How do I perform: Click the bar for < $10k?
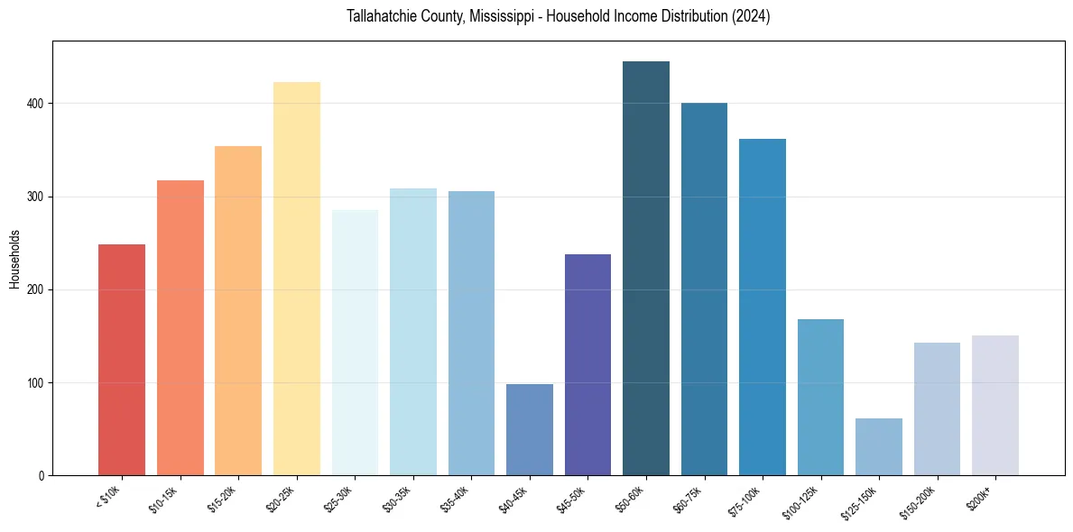coord(122,360)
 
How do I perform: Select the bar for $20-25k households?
coord(296,279)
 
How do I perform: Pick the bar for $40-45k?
coord(529,430)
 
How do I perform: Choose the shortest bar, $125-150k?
coord(878,447)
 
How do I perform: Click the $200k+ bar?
coord(994,406)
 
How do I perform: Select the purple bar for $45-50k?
coord(587,365)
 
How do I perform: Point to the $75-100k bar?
coord(762,307)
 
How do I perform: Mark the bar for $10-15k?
coord(180,328)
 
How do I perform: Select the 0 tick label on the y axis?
coord(42,476)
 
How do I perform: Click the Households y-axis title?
coord(14,259)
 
